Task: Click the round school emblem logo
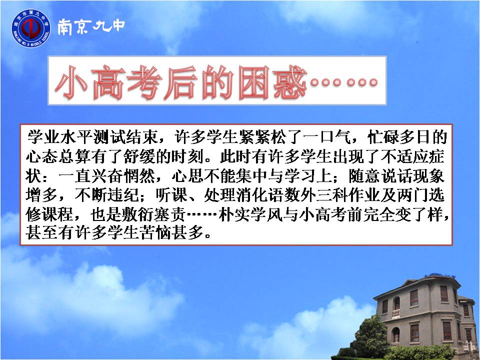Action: click(31, 28)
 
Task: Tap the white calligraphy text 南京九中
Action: click(91, 26)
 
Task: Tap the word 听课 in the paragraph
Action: click(171, 195)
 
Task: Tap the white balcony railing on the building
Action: click(396, 313)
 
